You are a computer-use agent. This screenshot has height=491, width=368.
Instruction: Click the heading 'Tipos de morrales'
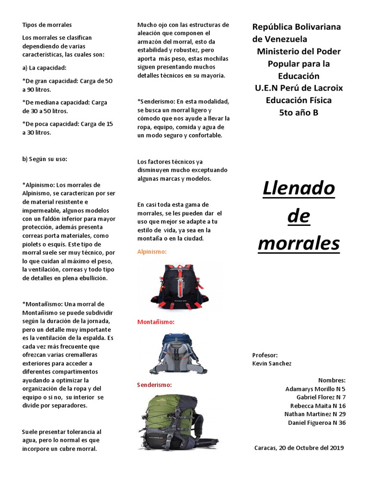click(x=47, y=24)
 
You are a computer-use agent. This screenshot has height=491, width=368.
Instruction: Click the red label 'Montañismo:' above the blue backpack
click(x=156, y=322)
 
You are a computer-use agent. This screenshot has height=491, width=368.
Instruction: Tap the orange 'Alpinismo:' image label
click(x=152, y=251)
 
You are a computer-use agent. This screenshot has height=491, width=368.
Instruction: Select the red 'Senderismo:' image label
click(x=154, y=385)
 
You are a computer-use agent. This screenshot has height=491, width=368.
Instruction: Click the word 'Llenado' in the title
click(x=299, y=188)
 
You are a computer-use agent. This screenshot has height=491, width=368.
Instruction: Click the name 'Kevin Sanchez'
click(x=272, y=363)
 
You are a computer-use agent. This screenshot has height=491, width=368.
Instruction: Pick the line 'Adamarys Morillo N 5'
click(x=315, y=389)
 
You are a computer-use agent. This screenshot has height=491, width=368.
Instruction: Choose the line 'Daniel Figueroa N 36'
click(x=316, y=422)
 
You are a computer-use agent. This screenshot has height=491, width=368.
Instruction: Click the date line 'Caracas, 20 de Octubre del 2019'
click(x=299, y=448)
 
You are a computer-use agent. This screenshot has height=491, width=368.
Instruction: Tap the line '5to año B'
click(x=299, y=113)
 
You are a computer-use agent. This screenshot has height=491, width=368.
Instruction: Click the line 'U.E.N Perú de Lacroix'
click(x=299, y=88)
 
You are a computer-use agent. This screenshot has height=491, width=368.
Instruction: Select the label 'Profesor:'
click(x=265, y=355)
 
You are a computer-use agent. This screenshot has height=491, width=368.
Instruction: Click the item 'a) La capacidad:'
click(x=45, y=68)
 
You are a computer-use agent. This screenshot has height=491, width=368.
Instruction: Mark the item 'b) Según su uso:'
click(x=45, y=159)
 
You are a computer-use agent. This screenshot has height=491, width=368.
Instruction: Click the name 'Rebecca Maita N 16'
click(x=318, y=406)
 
